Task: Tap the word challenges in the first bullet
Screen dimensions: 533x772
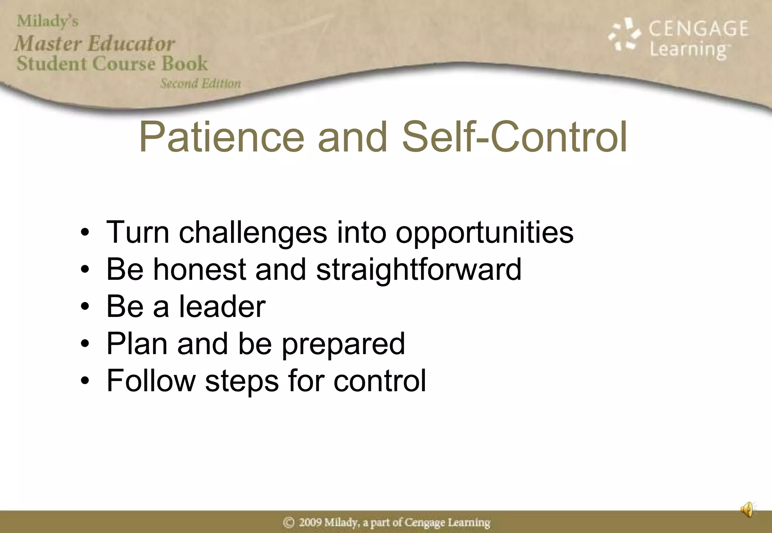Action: [x=253, y=233]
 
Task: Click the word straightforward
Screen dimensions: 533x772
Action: [x=418, y=270]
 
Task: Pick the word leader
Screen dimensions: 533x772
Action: [x=222, y=306]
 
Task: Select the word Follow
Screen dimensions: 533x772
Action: [x=151, y=381]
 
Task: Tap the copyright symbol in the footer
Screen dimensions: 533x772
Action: [x=289, y=522]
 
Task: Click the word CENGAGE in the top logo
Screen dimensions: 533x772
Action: [x=698, y=29]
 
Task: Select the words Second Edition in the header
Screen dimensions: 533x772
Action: [x=200, y=83]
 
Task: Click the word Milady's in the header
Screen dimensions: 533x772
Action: [x=47, y=21]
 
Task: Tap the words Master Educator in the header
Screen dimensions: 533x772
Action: [x=95, y=43]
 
